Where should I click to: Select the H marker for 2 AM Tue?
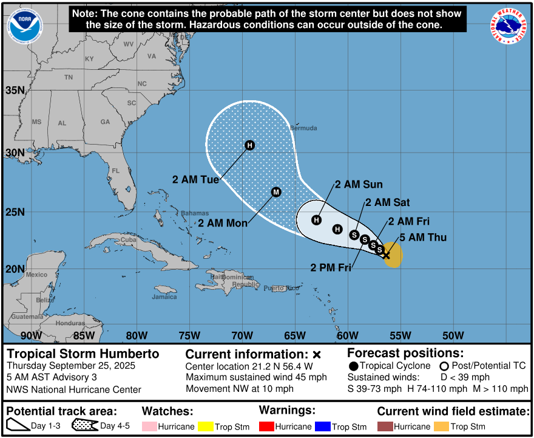(249, 145)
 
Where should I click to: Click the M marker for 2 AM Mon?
(276, 192)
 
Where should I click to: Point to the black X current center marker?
(387, 255)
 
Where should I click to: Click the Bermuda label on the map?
(303, 128)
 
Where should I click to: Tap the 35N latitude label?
(15, 91)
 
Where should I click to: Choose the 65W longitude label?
(294, 335)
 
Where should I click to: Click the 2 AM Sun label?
(359, 185)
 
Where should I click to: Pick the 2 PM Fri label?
(331, 267)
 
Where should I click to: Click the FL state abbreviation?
(115, 171)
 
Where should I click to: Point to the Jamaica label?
(164, 297)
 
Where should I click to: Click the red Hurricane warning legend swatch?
(268, 426)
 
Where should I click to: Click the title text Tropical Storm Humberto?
(83, 354)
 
